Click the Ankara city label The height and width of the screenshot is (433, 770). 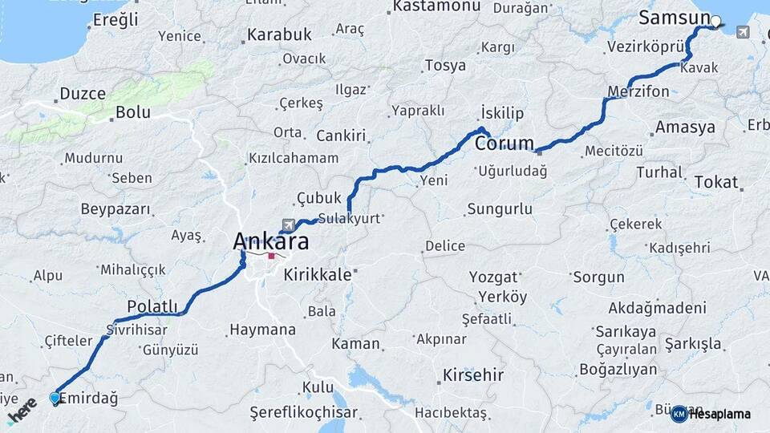[x=270, y=241]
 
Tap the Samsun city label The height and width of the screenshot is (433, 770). [x=674, y=18]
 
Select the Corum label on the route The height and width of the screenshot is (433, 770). [x=504, y=144]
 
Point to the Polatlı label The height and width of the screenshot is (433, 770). [x=152, y=306]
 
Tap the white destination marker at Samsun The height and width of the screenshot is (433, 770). [x=716, y=22]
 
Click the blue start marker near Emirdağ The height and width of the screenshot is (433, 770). [x=55, y=398]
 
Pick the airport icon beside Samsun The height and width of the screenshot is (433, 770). [x=742, y=32]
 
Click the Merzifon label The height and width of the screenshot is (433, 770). [x=638, y=91]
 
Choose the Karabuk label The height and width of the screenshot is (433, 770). [x=278, y=35]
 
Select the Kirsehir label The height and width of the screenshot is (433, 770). [x=473, y=374]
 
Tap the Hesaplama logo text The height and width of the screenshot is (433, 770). [x=720, y=414]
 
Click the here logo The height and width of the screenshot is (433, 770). [x=22, y=409]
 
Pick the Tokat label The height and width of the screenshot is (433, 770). [x=715, y=182]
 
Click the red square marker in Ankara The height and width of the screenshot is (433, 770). [x=272, y=257]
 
